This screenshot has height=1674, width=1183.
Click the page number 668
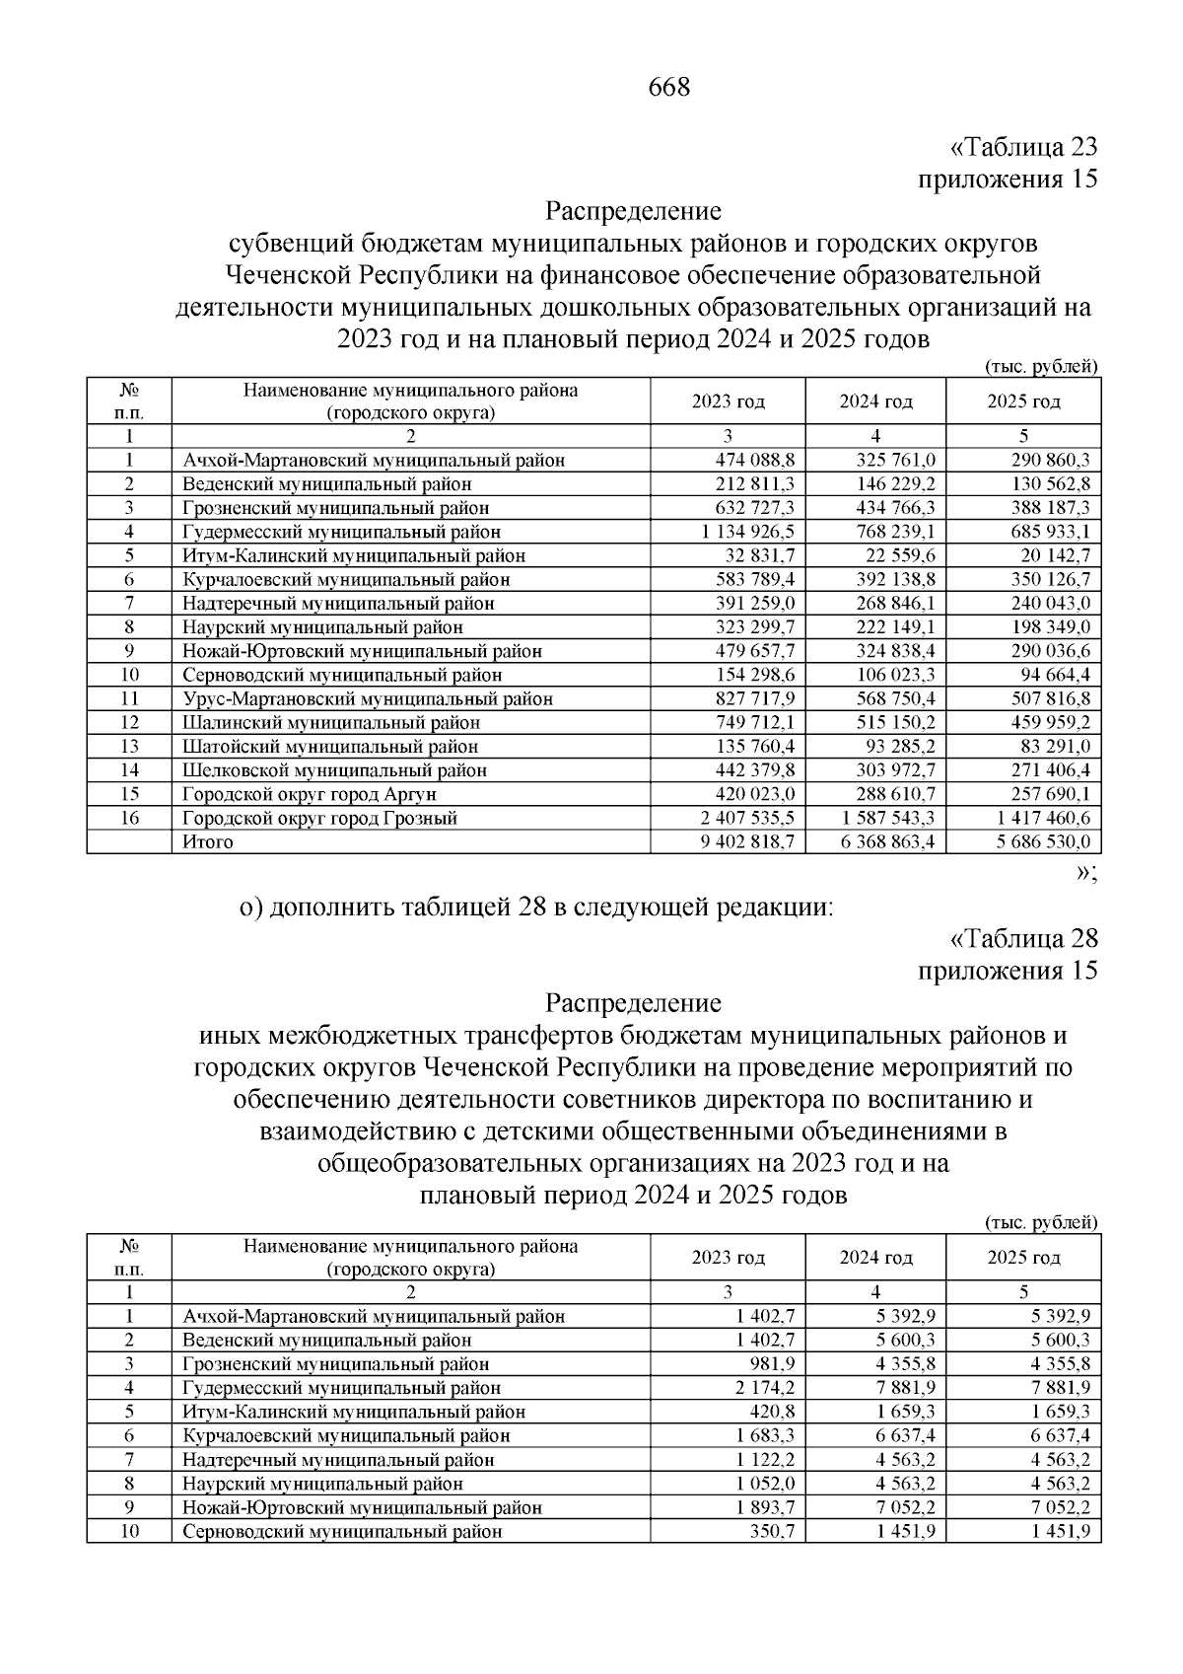click(x=669, y=88)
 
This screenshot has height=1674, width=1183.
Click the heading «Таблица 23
click(x=1022, y=147)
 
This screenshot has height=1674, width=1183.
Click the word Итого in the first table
click(x=208, y=841)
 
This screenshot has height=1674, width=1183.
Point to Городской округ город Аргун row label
click(x=309, y=794)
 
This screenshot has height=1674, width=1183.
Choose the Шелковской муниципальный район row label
click(x=334, y=770)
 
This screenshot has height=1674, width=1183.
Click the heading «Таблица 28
click(x=1022, y=938)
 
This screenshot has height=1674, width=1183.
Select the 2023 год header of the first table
click(x=728, y=401)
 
